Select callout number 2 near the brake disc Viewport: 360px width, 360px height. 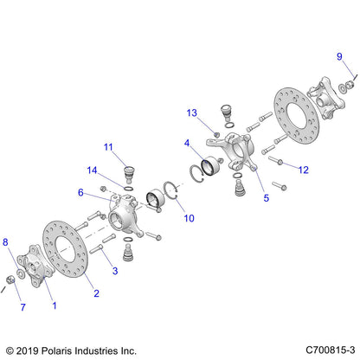click(x=97, y=292)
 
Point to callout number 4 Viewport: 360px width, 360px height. click(x=188, y=145)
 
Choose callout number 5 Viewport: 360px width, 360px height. click(x=242, y=197)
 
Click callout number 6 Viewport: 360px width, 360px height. click(x=81, y=193)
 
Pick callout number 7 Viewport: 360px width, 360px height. click(x=23, y=307)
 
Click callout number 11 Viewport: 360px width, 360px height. click(x=109, y=145)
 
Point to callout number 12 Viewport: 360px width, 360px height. click(x=304, y=170)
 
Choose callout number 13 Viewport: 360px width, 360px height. click(x=192, y=112)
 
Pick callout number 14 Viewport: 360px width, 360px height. click(x=92, y=170)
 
